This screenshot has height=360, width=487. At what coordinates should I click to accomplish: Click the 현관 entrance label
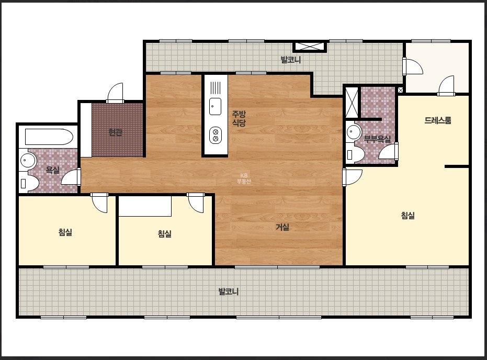(115, 132)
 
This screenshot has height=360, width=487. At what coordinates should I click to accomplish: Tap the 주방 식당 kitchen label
(239, 118)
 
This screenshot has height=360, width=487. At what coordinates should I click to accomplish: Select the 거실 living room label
(282, 227)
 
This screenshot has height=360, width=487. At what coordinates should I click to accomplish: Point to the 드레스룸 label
(438, 120)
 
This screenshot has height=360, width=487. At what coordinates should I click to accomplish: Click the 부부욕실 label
(377, 139)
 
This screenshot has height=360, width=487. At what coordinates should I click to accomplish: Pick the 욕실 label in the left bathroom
(52, 170)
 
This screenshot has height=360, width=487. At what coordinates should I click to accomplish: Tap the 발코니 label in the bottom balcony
(228, 291)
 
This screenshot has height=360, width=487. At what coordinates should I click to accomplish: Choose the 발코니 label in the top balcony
(291, 59)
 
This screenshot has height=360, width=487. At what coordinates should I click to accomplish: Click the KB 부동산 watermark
(244, 178)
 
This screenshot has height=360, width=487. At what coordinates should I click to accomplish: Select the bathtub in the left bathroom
(49, 137)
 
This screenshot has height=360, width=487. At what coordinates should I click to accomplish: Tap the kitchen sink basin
(215, 106)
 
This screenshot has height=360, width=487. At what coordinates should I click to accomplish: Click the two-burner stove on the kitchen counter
(215, 135)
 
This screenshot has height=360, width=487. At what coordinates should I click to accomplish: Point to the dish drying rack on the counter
(215, 87)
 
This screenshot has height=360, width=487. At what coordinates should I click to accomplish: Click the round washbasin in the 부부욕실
(352, 132)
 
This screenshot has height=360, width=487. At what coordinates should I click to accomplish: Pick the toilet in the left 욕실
(29, 183)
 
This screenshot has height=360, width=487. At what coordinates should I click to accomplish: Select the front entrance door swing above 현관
(115, 92)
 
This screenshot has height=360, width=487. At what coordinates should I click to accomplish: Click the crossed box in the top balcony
(310, 47)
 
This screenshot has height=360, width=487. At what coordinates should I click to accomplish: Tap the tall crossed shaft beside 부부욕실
(352, 103)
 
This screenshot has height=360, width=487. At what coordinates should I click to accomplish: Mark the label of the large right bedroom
(408, 215)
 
